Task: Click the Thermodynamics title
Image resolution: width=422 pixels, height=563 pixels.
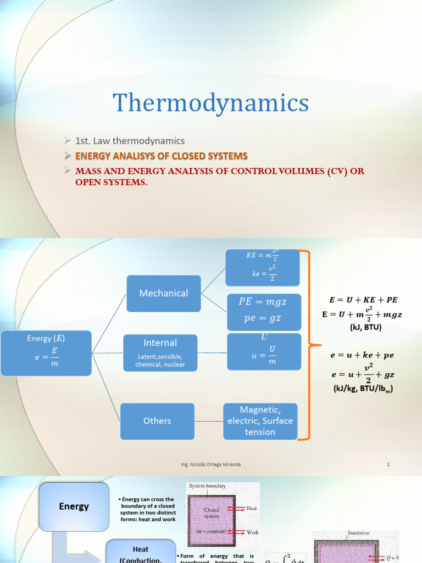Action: pos(211,103)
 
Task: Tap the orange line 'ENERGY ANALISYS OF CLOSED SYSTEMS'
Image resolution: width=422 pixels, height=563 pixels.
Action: pos(161,156)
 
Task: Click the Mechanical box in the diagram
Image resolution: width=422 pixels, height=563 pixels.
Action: pos(164,293)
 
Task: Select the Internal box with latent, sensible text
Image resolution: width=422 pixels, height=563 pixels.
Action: pos(160,352)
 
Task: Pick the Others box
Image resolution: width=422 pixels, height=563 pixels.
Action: pos(157,421)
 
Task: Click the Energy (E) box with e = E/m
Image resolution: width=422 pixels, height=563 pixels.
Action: pos(46,353)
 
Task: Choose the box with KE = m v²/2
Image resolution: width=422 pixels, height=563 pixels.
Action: pos(262,267)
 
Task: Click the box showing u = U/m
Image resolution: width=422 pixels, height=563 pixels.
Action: pos(264,352)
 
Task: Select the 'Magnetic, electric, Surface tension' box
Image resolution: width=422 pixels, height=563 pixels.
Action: pos(260,421)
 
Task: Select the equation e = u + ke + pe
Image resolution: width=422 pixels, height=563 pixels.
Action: pos(362,356)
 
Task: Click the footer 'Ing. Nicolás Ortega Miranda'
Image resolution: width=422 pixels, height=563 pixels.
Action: pos(210,465)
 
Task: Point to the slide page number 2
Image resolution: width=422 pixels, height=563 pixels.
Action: pos(388,465)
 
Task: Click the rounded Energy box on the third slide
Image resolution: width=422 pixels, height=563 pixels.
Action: pos(74,506)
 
